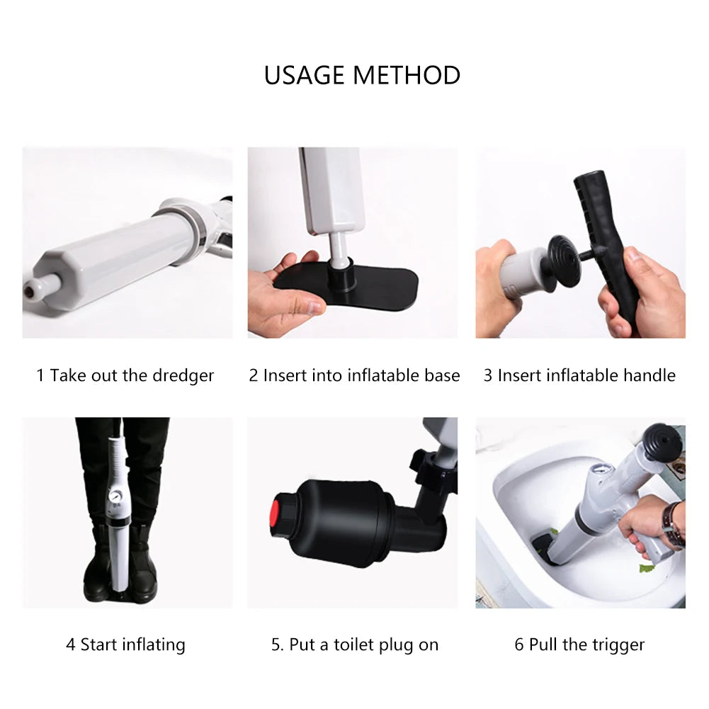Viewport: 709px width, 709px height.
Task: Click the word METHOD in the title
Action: [x=412, y=75]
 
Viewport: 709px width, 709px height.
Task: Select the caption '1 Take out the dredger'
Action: [x=125, y=375]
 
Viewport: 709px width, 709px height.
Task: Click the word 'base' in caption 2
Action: [x=440, y=375]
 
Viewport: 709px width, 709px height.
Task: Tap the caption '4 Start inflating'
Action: [x=125, y=645]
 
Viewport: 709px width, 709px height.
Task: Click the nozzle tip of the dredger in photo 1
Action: [x=32, y=288]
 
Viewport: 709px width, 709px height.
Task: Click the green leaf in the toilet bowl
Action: [x=646, y=567]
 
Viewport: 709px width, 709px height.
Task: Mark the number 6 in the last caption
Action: [x=519, y=645]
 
